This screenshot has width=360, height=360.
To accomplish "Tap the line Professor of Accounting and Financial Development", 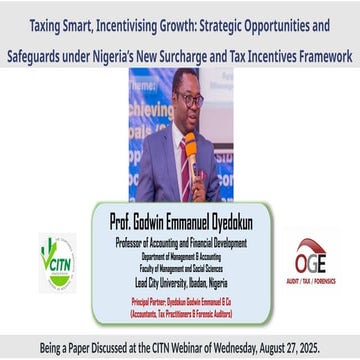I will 179,242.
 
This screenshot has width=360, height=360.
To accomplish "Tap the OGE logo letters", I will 310,263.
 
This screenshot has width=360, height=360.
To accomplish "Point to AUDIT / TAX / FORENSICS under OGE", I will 310,281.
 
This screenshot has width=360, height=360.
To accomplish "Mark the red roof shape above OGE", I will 310,244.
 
